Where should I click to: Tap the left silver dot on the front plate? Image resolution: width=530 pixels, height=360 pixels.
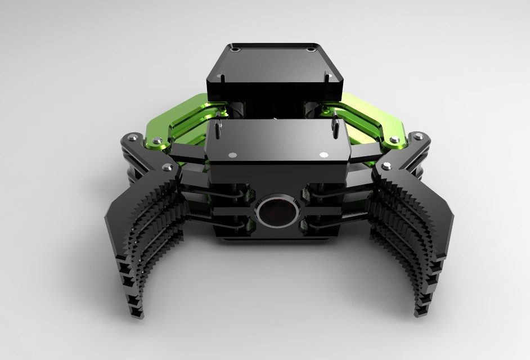pyautogui.click(x=230, y=154)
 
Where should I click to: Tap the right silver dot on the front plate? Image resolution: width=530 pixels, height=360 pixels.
pyautogui.click(x=323, y=154)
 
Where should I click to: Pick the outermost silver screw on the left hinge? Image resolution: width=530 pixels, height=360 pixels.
pyautogui.click(x=132, y=137)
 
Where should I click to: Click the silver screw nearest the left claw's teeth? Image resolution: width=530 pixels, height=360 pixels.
pyautogui.click(x=166, y=167)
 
